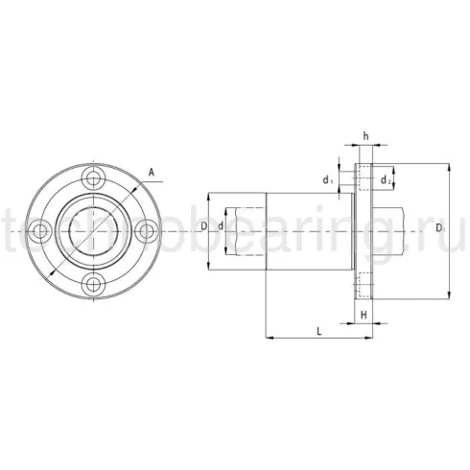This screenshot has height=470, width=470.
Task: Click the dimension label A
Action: point(151,174)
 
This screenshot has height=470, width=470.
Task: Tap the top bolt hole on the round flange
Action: point(93,176)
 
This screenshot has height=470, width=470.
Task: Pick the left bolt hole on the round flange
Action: point(39,230)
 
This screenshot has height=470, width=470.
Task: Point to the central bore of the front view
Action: point(93,230)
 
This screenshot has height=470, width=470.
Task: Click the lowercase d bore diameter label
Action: point(222,225)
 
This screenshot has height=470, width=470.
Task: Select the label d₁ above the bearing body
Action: point(328,179)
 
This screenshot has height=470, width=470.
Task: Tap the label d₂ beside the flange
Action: point(386,179)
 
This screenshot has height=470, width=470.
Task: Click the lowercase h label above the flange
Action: point(365,136)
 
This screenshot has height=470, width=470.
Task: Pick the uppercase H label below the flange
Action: point(364,315)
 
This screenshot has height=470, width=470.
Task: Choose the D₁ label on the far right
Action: point(438,228)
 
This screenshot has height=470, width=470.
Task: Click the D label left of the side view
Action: point(204,225)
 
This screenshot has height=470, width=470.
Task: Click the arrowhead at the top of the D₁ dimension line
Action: point(447,168)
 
